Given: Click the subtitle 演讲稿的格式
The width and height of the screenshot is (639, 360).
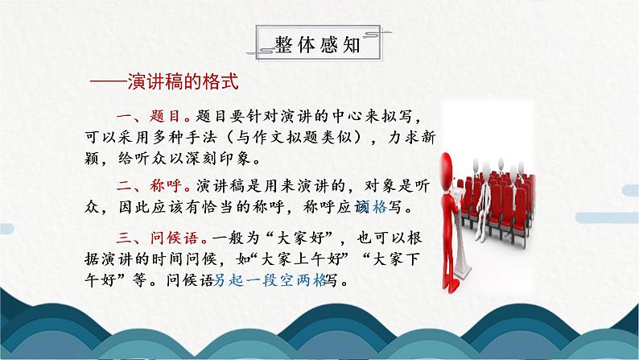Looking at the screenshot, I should coord(178,83).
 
